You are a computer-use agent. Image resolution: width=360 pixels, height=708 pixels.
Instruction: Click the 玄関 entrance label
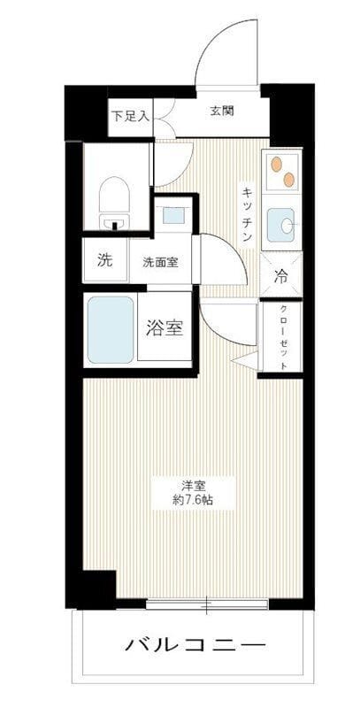[222, 111]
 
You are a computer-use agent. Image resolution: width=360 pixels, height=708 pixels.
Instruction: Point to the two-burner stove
[282, 171]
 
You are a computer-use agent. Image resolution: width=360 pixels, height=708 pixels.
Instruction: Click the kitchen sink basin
[281, 225]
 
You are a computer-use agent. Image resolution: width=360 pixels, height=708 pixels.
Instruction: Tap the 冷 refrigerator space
[281, 275]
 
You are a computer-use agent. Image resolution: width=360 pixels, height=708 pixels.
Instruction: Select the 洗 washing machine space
[104, 261]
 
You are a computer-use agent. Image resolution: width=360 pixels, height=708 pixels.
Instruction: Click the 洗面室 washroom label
[160, 262]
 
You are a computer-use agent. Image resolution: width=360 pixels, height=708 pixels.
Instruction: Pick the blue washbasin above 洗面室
[173, 213]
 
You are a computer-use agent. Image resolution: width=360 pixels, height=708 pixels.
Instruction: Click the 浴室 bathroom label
[164, 327]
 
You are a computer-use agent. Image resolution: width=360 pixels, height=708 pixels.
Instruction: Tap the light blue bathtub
[111, 329]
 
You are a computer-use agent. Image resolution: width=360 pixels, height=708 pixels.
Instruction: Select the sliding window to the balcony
[206, 605]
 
